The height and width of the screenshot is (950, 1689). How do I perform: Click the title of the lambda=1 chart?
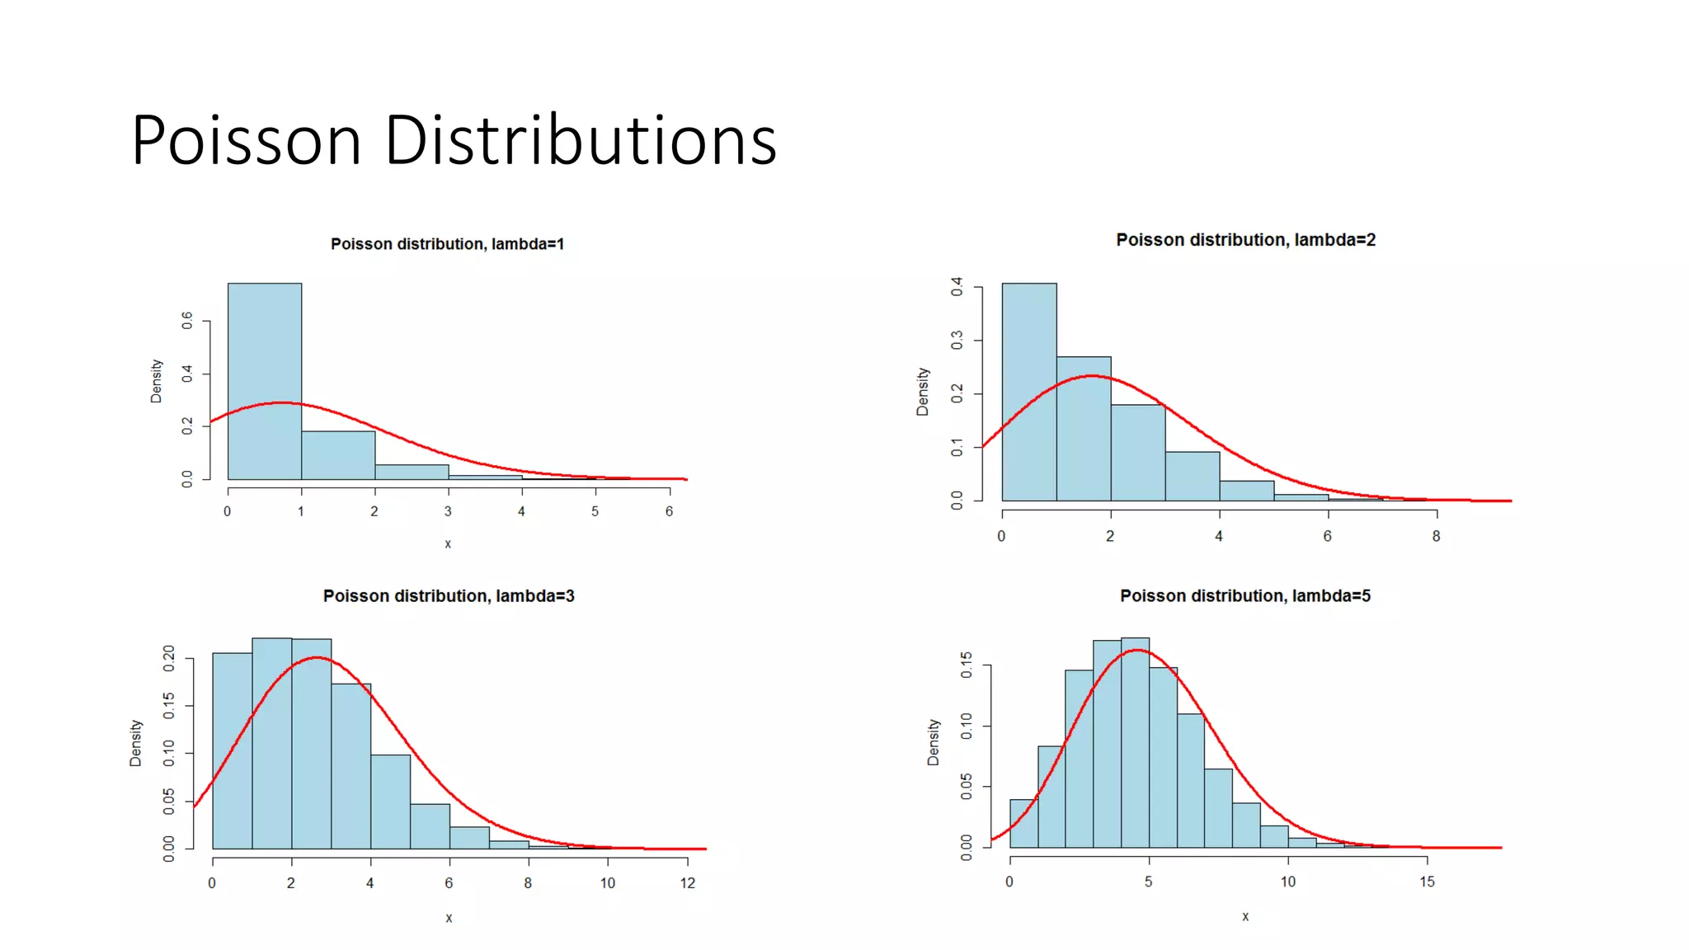pos(447,244)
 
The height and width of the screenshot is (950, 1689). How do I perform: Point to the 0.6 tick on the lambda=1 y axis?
pos(188,321)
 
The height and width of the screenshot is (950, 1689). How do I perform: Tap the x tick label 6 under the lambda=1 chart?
pos(669,511)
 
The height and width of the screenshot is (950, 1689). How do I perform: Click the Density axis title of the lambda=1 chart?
pos(156,381)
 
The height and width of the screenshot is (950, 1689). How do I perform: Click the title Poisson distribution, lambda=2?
pos(1245,240)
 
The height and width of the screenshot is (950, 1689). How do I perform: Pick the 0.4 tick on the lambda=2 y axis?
pos(957,287)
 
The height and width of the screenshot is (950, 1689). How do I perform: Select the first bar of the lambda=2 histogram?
pos(1028,392)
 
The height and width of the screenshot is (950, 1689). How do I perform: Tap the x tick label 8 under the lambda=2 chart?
pos(1436,536)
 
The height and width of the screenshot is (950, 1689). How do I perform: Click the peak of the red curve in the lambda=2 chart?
pos(1091,376)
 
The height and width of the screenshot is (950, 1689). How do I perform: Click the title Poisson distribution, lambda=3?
pos(448,596)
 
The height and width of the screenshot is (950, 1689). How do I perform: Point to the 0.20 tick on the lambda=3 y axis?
pos(169,658)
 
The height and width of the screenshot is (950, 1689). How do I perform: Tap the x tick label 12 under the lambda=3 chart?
pos(687,883)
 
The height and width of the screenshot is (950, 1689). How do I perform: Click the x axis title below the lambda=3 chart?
pos(449,918)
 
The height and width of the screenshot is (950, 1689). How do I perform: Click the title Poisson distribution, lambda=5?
pos(1244,596)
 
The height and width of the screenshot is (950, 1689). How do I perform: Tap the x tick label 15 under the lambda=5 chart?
pos(1427,882)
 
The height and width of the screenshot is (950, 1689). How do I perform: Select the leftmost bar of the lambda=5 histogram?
pos(1023,823)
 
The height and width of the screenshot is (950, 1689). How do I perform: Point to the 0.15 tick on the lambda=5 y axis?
pos(967,665)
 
